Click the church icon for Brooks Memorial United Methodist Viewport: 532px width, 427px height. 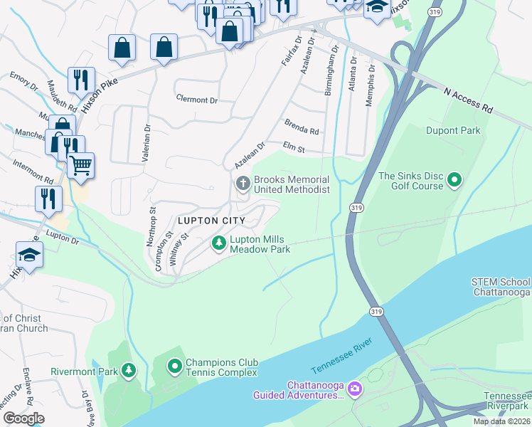coord(243,184)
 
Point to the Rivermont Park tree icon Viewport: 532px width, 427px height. coord(129,371)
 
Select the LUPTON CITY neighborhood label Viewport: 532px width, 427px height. coord(211,221)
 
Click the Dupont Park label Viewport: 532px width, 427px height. coord(453,130)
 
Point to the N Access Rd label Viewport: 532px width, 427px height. coord(467,100)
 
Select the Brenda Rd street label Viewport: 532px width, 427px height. coord(302,127)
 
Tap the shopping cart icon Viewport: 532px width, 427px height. coord(80,165)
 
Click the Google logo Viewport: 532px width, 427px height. coord(23,418)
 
